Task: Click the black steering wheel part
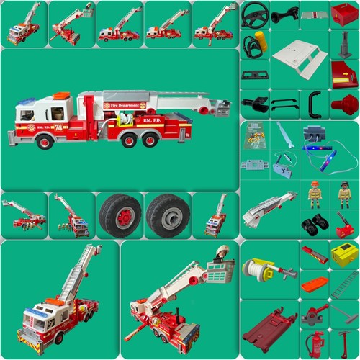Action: coord(254,12)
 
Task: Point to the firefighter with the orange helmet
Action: coord(315,193)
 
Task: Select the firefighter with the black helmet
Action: coord(344,193)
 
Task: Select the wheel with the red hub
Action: coord(120,214)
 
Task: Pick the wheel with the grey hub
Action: coord(167,214)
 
